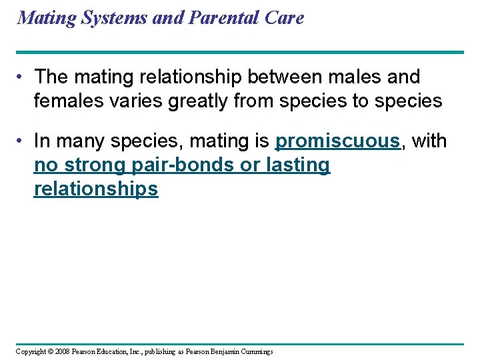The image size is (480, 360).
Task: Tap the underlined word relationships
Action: click(96, 189)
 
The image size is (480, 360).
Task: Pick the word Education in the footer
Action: click(119, 352)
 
